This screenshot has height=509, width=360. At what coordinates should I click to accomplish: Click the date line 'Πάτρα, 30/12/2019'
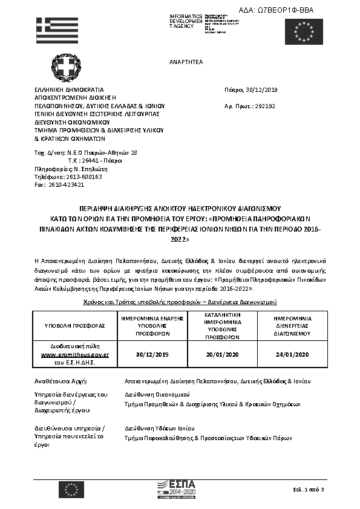click(250, 90)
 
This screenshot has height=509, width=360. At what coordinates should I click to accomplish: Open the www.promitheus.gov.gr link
click(75, 354)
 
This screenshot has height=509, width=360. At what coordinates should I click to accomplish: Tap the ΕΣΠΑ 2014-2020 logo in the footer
click(176, 487)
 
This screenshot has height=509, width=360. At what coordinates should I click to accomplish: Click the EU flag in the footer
click(71, 488)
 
